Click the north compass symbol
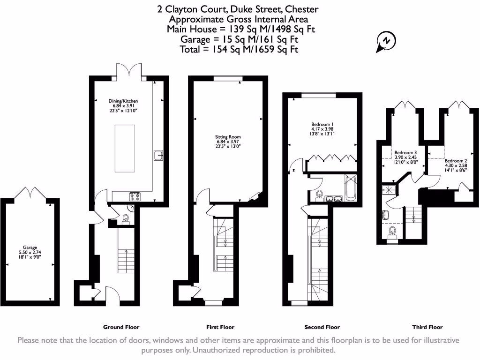386,41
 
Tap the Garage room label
30,252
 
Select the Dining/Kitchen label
123,105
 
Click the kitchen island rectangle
125,149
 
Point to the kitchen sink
158,155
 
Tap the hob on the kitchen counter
135,196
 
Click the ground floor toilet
126,219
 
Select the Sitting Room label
228,142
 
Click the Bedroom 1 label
322,129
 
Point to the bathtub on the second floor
351,187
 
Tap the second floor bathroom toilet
320,196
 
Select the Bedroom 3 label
405,157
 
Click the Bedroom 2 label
456,165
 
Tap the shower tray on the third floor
389,189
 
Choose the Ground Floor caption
121,327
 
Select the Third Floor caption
427,327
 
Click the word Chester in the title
301,9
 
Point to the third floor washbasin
385,215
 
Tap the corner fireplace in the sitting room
255,196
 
